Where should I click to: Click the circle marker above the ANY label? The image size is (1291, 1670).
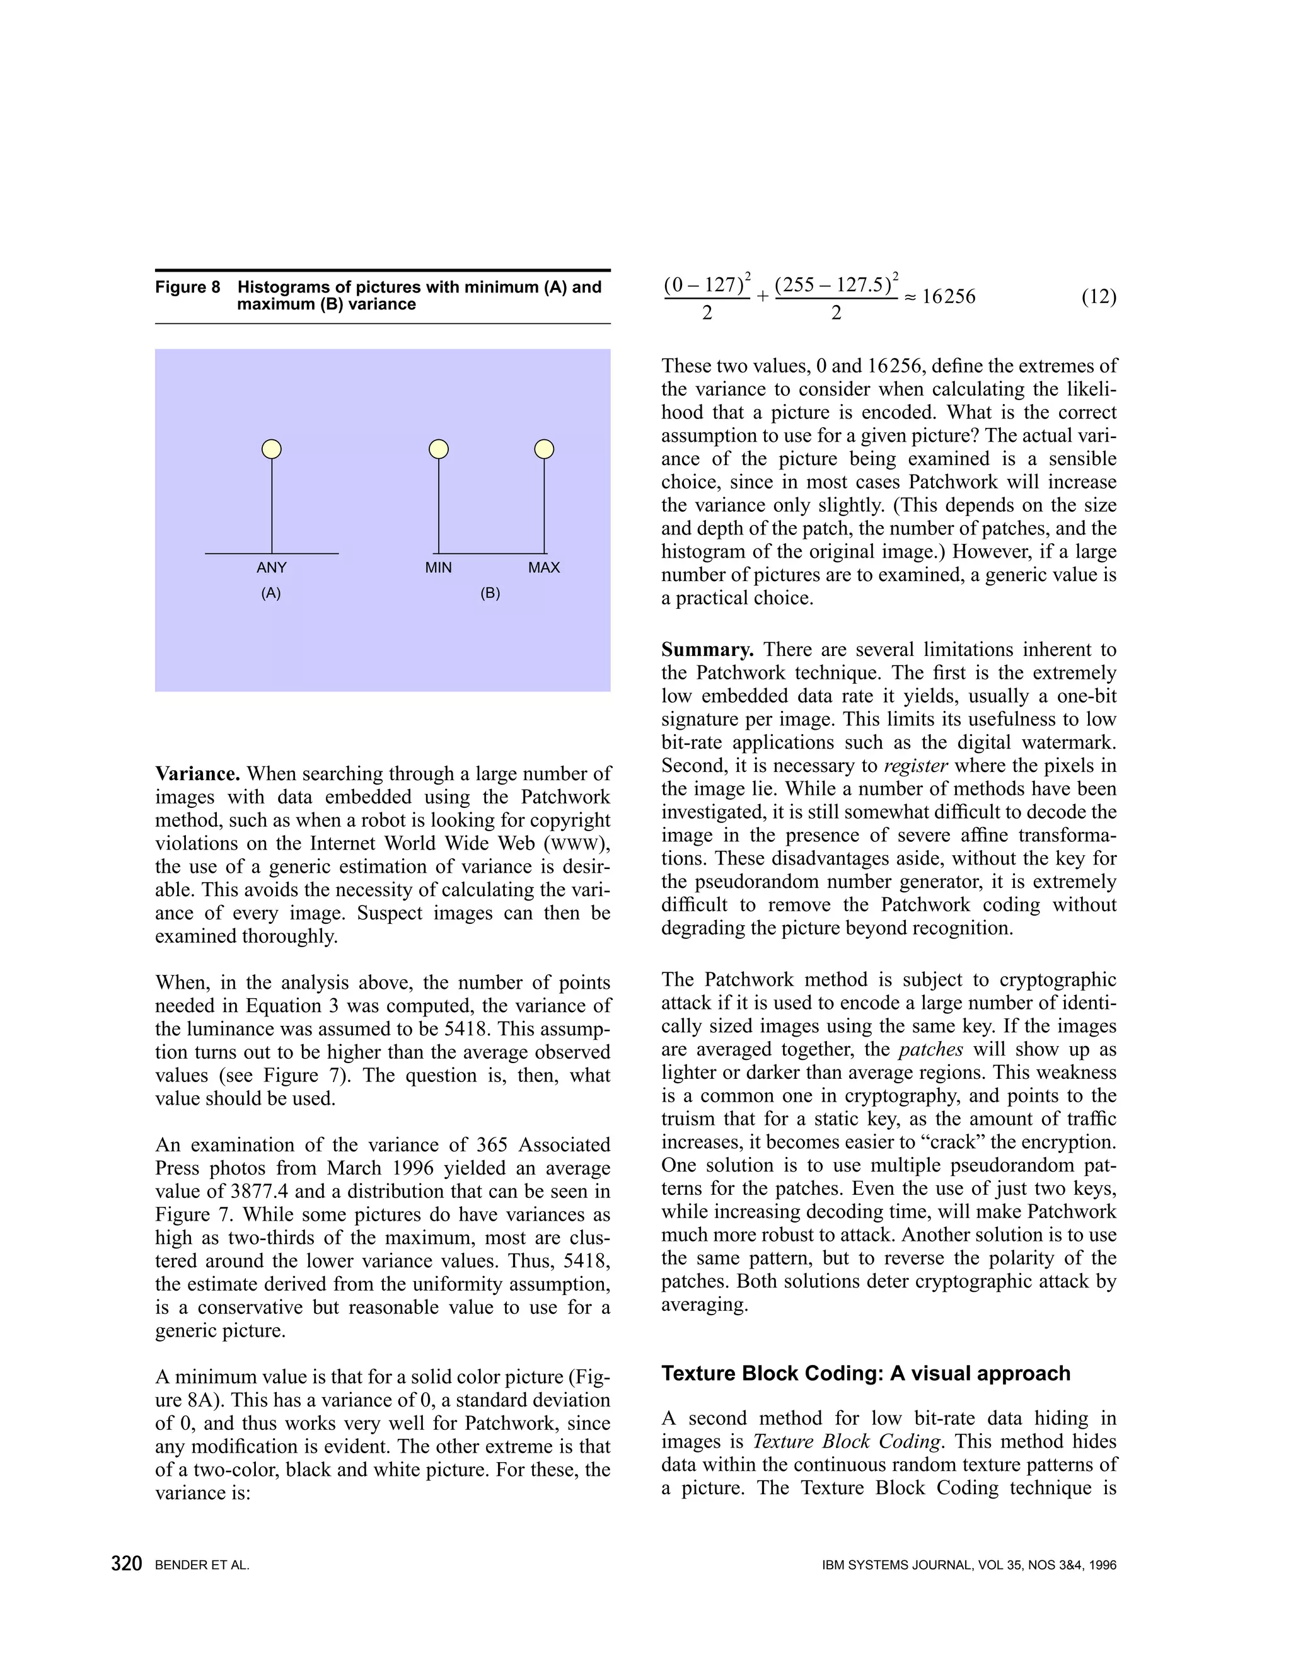coord(272,449)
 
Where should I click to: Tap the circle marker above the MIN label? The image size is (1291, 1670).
coord(438,449)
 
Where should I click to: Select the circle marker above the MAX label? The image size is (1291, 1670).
coord(544,449)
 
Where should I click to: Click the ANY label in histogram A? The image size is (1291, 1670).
coord(272,567)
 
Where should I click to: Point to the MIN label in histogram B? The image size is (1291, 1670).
coord(438,567)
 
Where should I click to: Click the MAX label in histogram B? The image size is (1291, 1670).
coord(544,567)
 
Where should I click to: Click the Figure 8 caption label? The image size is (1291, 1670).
coord(187,287)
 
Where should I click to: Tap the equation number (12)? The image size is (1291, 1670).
coord(1098,297)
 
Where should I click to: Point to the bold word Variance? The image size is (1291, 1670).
coord(197,774)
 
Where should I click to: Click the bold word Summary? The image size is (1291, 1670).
coord(707,650)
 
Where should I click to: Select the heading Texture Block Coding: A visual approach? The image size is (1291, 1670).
coord(865,1373)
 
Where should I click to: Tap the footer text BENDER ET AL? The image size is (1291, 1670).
coord(202,1565)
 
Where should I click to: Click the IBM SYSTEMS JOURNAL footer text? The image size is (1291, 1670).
coord(968,1565)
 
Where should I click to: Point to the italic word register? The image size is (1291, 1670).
coord(915,766)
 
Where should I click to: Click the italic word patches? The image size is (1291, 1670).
coord(930,1050)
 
